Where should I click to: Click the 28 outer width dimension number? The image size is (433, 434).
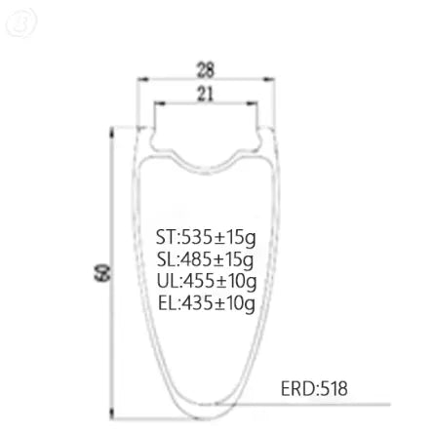point(206,69)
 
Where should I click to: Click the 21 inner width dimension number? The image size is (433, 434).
point(206,95)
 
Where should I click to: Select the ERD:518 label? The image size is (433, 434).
point(314,388)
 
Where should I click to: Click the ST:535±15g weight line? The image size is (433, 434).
point(206,237)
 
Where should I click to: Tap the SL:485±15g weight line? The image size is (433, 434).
point(205,259)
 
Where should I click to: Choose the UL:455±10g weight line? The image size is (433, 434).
point(207,281)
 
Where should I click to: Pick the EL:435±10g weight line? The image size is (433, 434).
point(207,303)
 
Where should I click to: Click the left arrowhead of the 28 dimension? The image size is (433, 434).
point(142,79)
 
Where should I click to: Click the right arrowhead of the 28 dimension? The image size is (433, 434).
point(269,79)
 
